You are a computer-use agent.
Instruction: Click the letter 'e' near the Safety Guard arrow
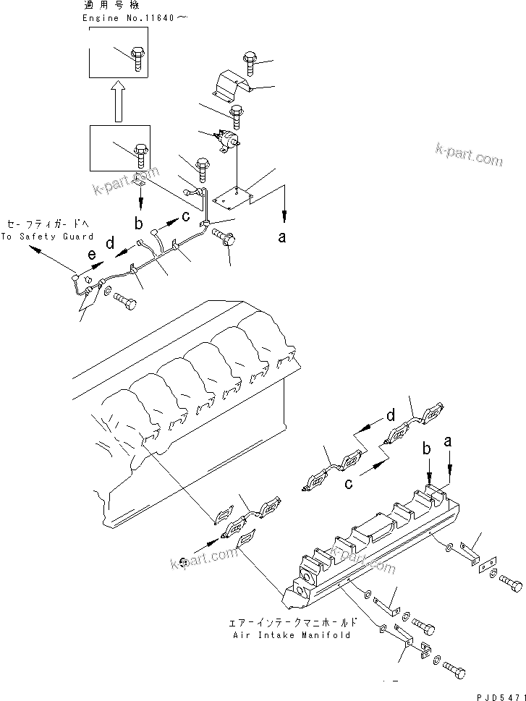click(91, 255)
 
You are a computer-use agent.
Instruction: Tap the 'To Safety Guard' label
click(47, 237)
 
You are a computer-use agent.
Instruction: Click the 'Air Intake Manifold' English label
click(292, 635)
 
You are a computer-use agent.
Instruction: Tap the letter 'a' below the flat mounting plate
click(283, 236)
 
